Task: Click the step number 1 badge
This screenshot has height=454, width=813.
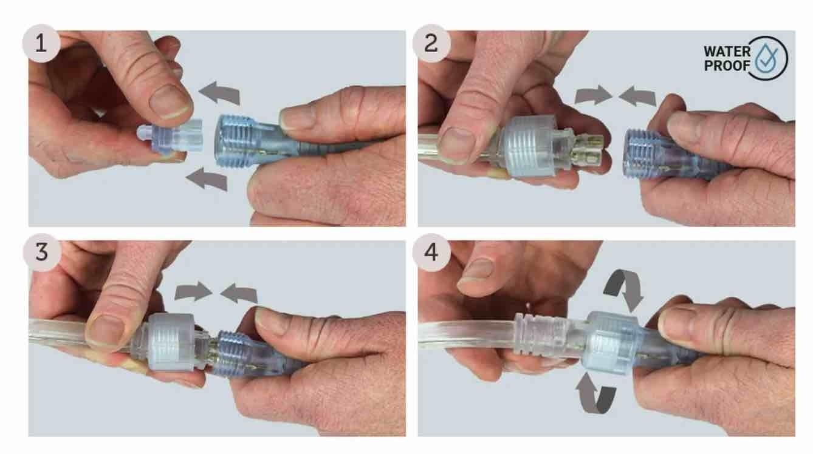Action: click(x=41, y=44)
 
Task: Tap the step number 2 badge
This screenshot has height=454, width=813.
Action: click(x=431, y=44)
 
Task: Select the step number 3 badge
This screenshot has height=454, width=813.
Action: click(x=42, y=252)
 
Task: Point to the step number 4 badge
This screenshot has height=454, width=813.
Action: click(x=431, y=252)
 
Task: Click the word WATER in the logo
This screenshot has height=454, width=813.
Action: click(x=727, y=52)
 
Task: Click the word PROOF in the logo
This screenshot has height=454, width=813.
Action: click(x=727, y=66)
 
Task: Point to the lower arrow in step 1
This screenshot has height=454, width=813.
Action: click(x=207, y=179)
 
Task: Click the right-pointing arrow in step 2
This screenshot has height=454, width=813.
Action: click(x=593, y=95)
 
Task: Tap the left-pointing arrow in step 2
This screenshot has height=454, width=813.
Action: click(x=637, y=96)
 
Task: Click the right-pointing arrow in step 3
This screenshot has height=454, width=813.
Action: click(x=193, y=291)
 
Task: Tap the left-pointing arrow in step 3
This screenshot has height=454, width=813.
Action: click(x=239, y=293)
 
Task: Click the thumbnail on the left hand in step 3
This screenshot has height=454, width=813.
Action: click(x=106, y=331)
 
